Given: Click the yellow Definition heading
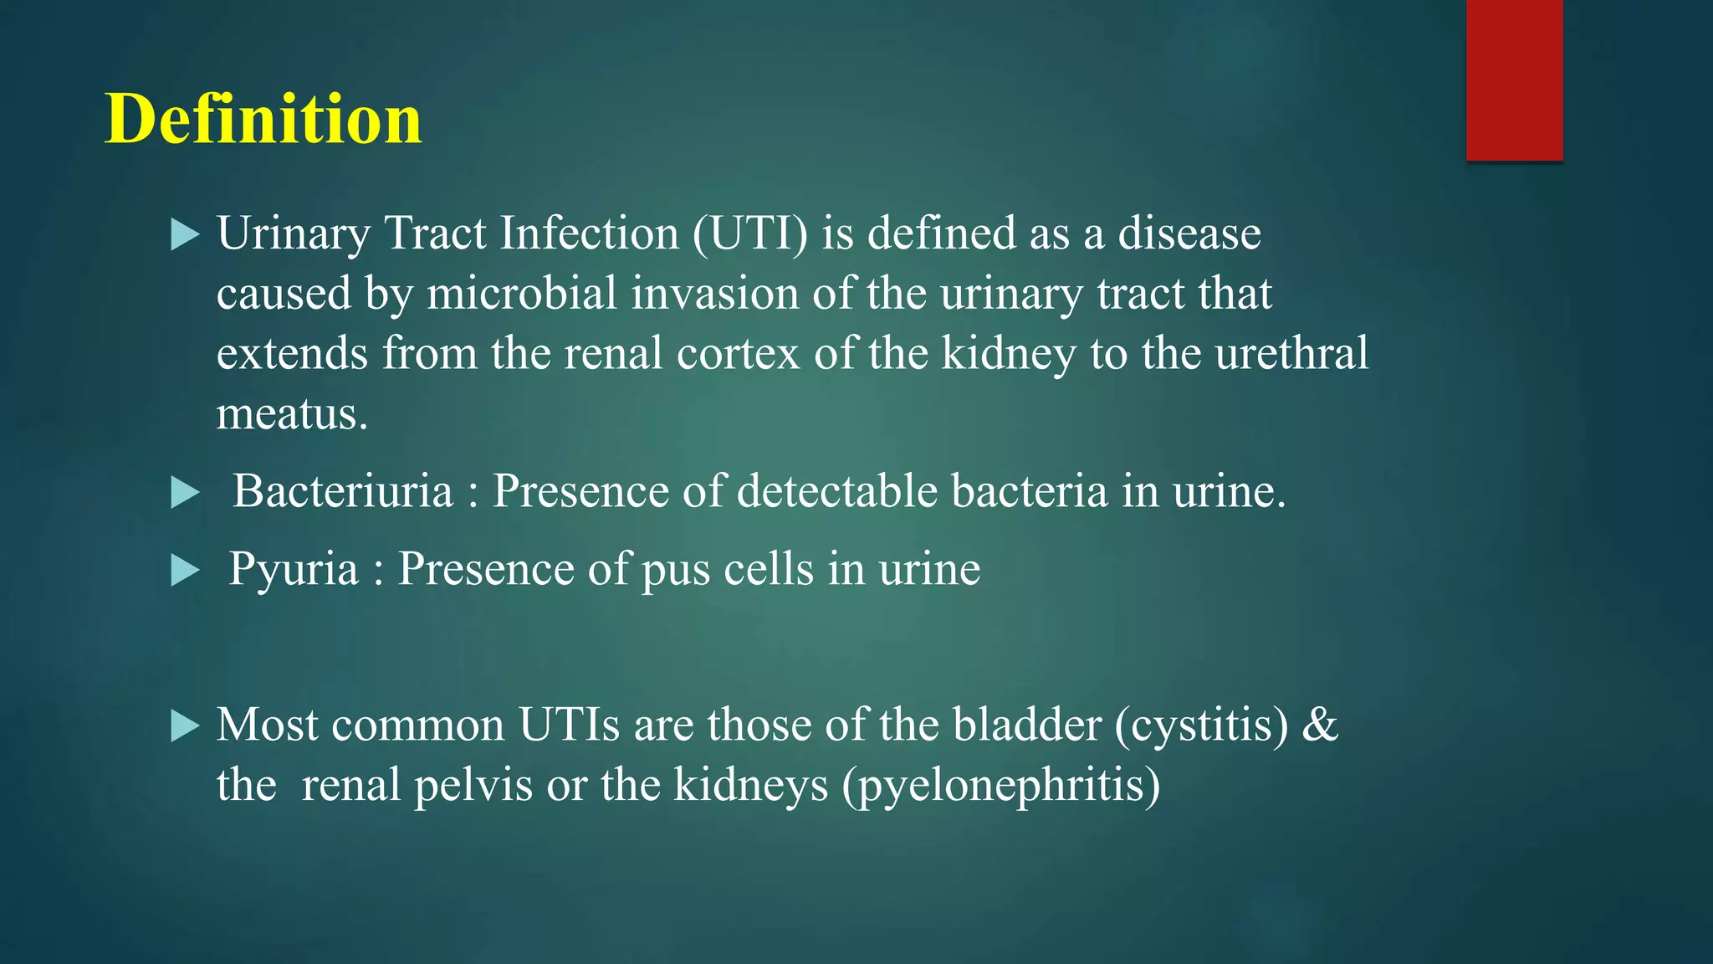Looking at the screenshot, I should click(x=263, y=119).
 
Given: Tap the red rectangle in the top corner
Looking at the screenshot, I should click(x=1514, y=79).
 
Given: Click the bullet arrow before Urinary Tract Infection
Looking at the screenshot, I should click(x=185, y=235).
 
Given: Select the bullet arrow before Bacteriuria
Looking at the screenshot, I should click(x=185, y=493).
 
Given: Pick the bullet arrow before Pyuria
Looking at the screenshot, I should click(x=185, y=571).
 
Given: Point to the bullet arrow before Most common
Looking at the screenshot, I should click(x=185, y=726).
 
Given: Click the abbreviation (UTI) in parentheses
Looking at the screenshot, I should click(x=750, y=233).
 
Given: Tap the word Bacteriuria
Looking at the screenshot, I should click(x=342, y=491).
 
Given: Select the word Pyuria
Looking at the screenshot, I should click(x=294, y=569).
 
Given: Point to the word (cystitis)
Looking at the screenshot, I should click(x=1201, y=725).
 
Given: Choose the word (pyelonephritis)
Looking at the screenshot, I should click(x=1001, y=787).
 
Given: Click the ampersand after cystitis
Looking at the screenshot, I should click(x=1319, y=725).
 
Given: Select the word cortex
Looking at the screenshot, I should click(x=738, y=354).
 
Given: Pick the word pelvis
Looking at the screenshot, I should click(x=473, y=785).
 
